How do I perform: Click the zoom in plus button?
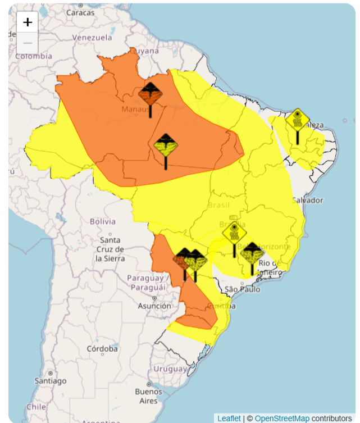tap(28, 22)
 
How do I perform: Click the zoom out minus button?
tap(28, 43)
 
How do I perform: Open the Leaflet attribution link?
tap(229, 418)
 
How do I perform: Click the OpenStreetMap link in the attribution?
tap(282, 418)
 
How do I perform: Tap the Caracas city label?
tap(80, 12)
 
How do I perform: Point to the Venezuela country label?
tap(92, 38)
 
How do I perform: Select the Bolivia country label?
tap(103, 221)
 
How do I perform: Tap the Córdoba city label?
tap(102, 349)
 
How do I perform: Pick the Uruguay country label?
tap(170, 369)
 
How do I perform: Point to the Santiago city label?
tap(50, 381)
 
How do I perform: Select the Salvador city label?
tap(307, 201)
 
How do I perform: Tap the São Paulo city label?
tap(242, 289)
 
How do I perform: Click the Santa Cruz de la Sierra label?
tap(109, 249)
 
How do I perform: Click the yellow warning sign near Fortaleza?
tap(297, 120)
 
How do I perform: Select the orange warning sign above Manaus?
tap(151, 94)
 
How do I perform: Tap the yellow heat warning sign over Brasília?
tap(234, 232)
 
